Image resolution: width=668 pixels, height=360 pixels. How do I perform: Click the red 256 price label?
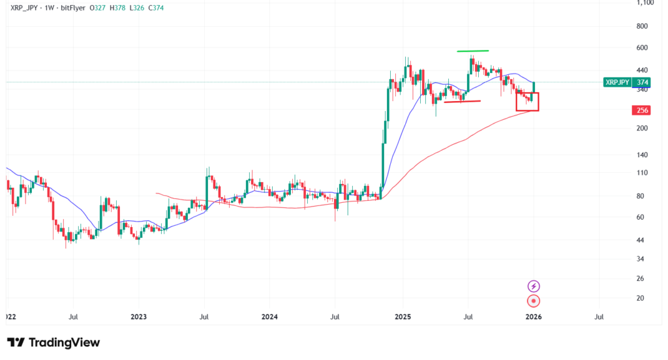[642, 110]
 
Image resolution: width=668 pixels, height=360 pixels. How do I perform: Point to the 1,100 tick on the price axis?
[644, 3]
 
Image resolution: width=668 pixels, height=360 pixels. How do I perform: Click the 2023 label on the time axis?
[138, 317]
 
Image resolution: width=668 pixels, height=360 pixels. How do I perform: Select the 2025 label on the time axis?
[402, 317]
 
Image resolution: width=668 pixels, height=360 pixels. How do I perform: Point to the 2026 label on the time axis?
[534, 317]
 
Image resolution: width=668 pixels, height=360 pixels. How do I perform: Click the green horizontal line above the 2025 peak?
[472, 51]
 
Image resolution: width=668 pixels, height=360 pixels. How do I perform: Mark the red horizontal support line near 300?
[462, 101]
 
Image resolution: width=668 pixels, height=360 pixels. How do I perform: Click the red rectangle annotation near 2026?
[527, 102]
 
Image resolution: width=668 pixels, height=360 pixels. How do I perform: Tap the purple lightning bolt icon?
[534, 286]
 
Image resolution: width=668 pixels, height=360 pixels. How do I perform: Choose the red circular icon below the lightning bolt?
[534, 301]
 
